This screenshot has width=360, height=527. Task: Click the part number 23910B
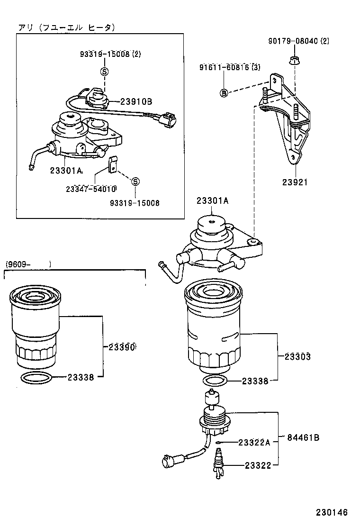tap(136, 101)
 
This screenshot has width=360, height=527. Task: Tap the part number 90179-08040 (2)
tap(298, 41)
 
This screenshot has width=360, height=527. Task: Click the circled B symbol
tap(224, 93)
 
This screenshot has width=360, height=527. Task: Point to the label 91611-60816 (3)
tap(230, 67)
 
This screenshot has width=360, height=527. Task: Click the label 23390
tap(122, 347)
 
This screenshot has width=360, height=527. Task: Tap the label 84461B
tap(303, 437)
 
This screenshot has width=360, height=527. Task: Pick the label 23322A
tap(254, 443)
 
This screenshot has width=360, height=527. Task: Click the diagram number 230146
tap(332, 513)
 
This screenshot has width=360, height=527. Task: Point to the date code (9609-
tap(19, 263)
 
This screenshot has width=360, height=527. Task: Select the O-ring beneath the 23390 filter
tap(37, 378)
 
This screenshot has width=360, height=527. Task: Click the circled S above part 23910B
tap(104, 72)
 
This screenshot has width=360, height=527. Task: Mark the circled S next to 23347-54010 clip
tap(135, 182)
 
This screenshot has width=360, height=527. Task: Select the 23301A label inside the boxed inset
tap(65, 170)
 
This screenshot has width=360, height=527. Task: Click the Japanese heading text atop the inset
tap(66, 28)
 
